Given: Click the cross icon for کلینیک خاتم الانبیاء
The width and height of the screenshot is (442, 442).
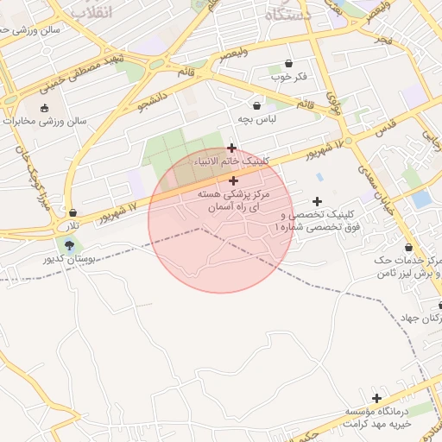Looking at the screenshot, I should [x=231, y=148].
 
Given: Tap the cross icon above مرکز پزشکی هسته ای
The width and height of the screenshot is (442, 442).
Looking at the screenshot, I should [x=234, y=180].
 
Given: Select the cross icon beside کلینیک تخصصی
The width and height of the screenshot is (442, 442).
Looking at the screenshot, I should [x=318, y=201].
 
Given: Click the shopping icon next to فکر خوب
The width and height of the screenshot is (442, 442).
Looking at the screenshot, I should [x=287, y=63].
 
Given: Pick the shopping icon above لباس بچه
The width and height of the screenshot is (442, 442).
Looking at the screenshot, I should [x=257, y=104].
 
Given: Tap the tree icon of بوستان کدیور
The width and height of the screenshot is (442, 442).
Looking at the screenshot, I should [x=69, y=245].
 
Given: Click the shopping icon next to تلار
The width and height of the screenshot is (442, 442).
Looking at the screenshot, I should [x=73, y=212].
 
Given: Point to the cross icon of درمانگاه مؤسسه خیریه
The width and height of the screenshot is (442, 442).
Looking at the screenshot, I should [x=376, y=397].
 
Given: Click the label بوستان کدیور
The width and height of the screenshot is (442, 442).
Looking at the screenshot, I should [x=69, y=259].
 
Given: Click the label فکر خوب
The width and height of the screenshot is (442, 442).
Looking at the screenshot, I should [x=288, y=77].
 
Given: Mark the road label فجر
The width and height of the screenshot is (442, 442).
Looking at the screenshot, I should [x=383, y=41].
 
